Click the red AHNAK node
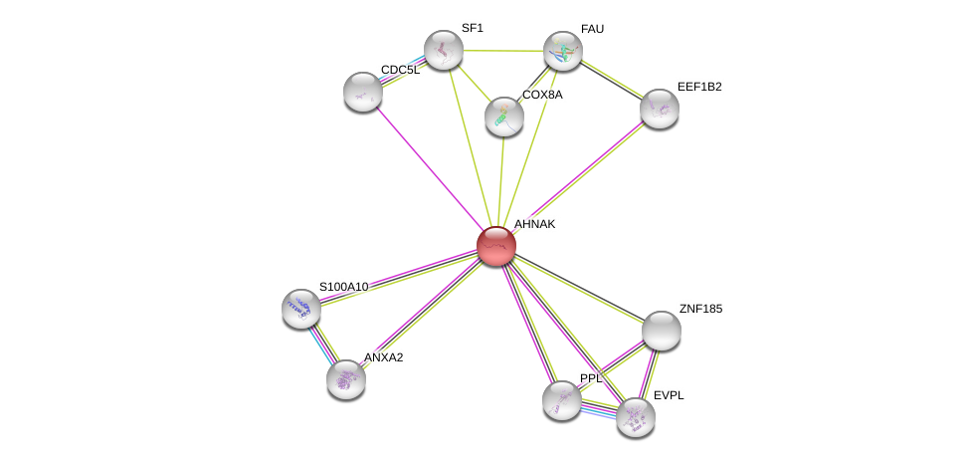pos(496,245)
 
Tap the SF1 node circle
pos(444,50)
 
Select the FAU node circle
pos(563,51)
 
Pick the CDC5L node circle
pos(363,92)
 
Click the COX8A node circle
pos(504,116)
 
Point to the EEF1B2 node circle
pos(660,109)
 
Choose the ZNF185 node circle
pos(662,331)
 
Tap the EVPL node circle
pos(636,417)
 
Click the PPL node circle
pos(562,400)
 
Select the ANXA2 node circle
pos(346,379)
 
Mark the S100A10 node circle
pos(301,309)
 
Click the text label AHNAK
pos(534,224)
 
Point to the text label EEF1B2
pos(699,87)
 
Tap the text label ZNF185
pos(700,309)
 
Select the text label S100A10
pos(343,287)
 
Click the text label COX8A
pos(542,95)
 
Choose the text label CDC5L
pos(400,70)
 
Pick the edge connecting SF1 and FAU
pos(503,50)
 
